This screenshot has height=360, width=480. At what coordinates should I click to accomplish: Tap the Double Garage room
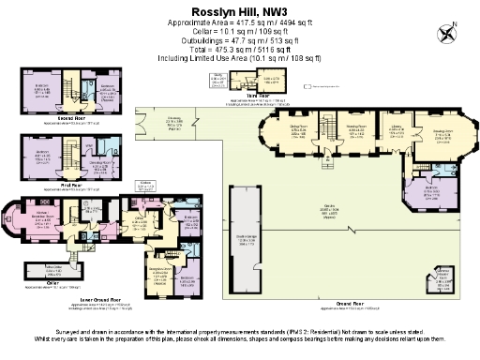coord(246,239)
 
